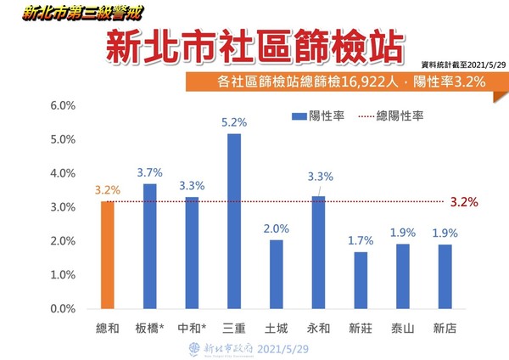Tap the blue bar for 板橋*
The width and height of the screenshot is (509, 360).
(x=150, y=246)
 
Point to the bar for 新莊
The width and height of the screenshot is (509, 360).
(x=361, y=280)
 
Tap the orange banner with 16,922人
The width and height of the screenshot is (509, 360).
(x=344, y=82)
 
